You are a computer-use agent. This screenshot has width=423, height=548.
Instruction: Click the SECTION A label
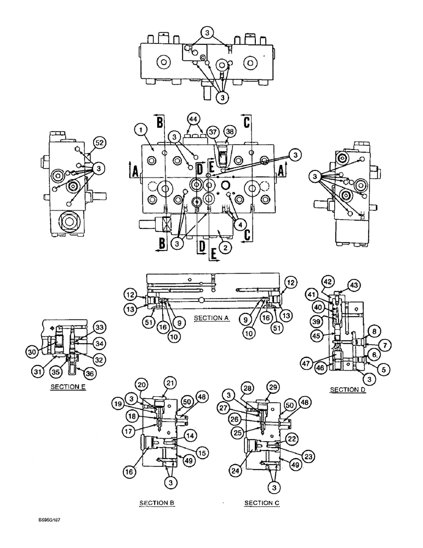click(210, 318)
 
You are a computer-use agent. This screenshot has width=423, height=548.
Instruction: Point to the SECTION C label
click(261, 502)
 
